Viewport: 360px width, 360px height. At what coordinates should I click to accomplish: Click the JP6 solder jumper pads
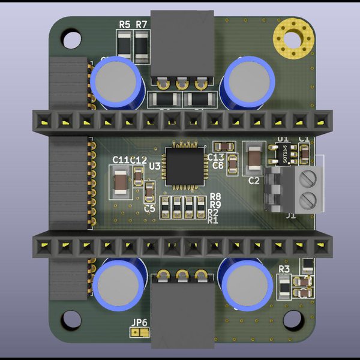coord(139,332)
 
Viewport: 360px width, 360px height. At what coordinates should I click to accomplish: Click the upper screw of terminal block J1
coord(308,178)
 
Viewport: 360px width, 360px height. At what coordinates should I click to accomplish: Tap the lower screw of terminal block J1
coord(308,198)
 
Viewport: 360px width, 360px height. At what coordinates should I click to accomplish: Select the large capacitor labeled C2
coord(254,158)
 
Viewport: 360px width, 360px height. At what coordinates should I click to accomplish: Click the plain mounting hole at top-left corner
coord(71,39)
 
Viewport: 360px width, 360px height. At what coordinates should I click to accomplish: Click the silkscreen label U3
coord(155,166)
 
